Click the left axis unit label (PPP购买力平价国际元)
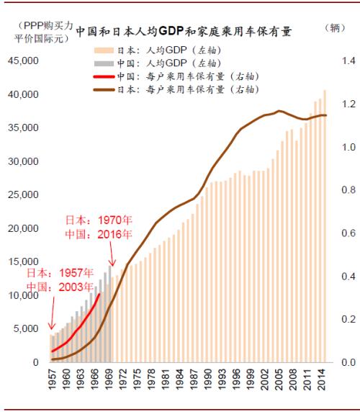point(39,32)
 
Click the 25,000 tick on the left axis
point(23,195)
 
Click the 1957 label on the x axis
point(52,382)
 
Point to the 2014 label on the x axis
point(321,382)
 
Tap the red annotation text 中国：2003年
point(60,287)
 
